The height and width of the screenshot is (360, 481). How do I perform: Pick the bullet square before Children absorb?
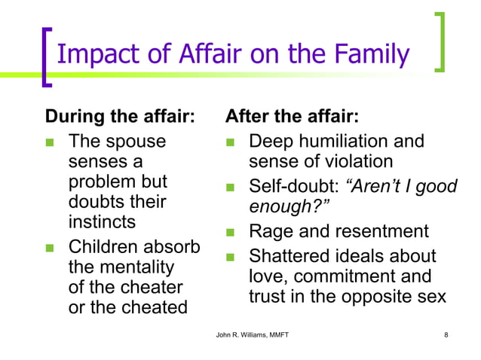(51, 248)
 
